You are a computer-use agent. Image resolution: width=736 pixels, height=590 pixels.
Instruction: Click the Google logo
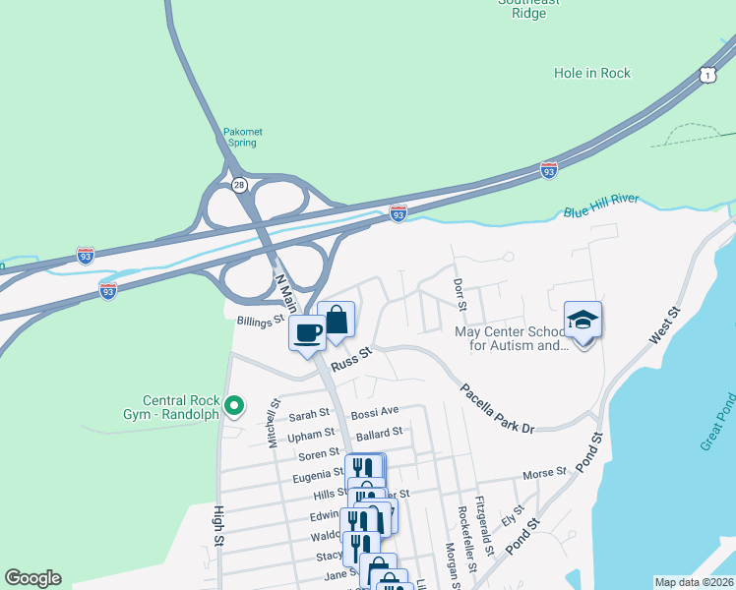pyautogui.click(x=32, y=578)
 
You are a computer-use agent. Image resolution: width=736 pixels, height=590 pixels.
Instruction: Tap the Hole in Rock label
pyautogui.click(x=591, y=73)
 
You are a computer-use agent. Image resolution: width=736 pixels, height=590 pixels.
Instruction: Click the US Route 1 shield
pyautogui.click(x=706, y=75)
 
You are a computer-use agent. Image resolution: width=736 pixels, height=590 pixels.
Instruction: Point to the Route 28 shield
pyautogui.click(x=239, y=184)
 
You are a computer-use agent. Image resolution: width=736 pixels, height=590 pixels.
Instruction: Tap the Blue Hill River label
pyautogui.click(x=601, y=206)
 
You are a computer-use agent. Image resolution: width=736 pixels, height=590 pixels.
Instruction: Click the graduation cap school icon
pyautogui.click(x=583, y=321)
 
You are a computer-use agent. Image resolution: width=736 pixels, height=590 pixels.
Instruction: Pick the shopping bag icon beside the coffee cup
pyautogui.click(x=337, y=319)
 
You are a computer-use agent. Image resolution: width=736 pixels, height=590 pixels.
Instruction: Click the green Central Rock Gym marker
pyautogui.click(x=235, y=404)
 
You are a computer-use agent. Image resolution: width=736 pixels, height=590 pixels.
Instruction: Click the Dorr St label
pyautogui.click(x=458, y=291)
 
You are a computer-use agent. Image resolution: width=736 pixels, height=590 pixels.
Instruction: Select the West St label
pyautogui.click(x=665, y=324)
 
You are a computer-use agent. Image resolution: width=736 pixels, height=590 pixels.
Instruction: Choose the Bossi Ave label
pyautogui.click(x=375, y=410)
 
